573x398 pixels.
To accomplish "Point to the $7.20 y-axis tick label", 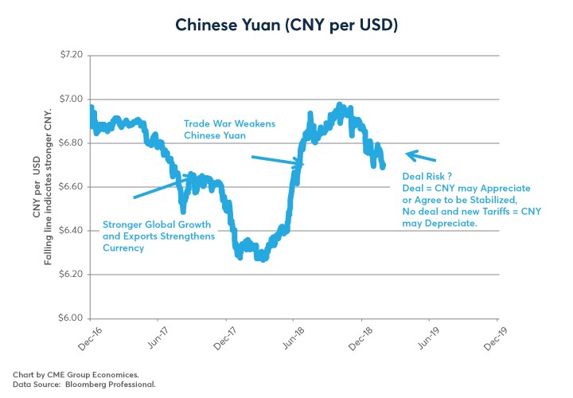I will pyautogui.click(x=69, y=56).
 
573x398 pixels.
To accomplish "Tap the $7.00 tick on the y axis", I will pyautogui.click(x=69, y=99).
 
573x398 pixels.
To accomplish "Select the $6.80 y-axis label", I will pyautogui.click(x=69, y=143).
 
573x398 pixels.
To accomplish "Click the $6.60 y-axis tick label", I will pyautogui.click(x=69, y=187).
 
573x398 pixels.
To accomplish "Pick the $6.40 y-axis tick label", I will pyautogui.click(x=69, y=231).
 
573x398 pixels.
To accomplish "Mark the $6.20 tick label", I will pyautogui.click(x=69, y=275).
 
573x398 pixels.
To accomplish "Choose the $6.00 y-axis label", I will pyautogui.click(x=69, y=318).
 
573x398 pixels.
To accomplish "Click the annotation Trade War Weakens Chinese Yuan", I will pyautogui.click(x=215, y=130).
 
